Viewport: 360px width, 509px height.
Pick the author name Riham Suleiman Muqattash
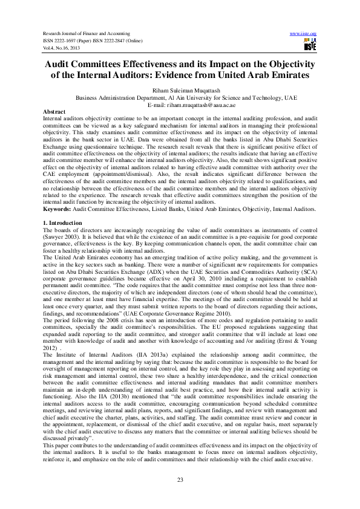coord(180,89)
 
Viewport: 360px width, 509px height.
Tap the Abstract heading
coord(54,112)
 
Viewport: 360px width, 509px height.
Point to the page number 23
coord(180,480)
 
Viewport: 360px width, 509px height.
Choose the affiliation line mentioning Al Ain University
coord(186,97)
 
